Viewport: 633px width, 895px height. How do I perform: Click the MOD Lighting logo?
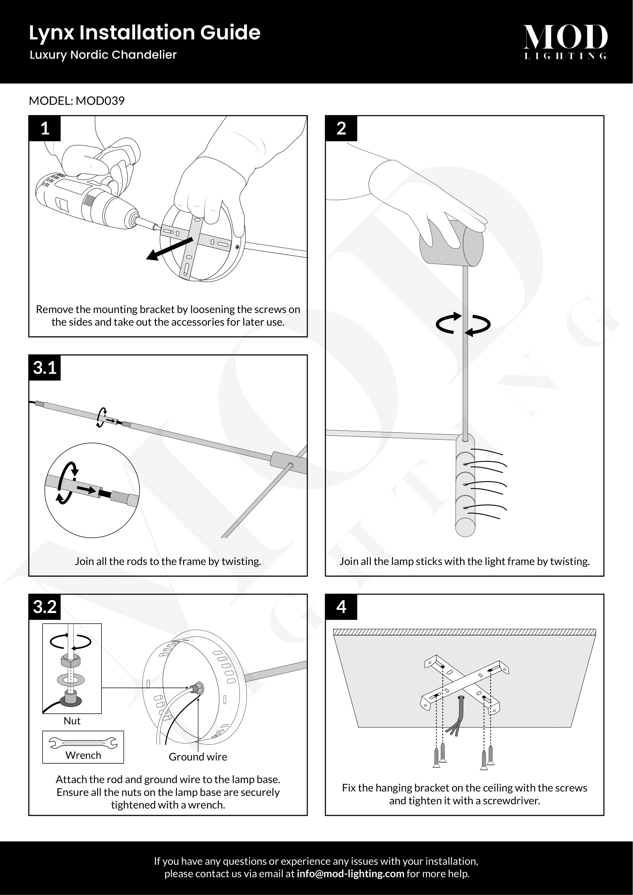coord(565,41)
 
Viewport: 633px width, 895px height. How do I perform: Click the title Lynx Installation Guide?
coord(145,33)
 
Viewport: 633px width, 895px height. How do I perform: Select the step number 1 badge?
coord(45,128)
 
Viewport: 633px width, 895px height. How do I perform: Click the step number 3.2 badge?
coord(45,607)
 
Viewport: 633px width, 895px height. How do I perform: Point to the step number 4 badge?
coord(341,607)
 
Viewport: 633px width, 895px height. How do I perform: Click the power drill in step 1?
coord(86,199)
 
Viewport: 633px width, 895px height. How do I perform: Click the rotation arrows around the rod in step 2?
coord(463,324)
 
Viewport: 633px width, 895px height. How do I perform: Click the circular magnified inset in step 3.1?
coord(92,490)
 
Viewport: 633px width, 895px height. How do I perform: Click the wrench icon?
coord(83,744)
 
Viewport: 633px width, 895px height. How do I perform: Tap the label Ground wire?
coord(197,757)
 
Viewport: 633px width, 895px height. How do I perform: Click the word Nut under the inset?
coord(72,721)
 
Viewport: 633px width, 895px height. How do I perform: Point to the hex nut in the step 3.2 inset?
coord(70,661)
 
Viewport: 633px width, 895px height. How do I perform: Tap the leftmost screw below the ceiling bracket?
coord(436,758)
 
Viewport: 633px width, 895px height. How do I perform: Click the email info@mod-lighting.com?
coord(351,874)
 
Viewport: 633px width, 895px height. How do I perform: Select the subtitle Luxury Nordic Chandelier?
coord(103,55)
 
